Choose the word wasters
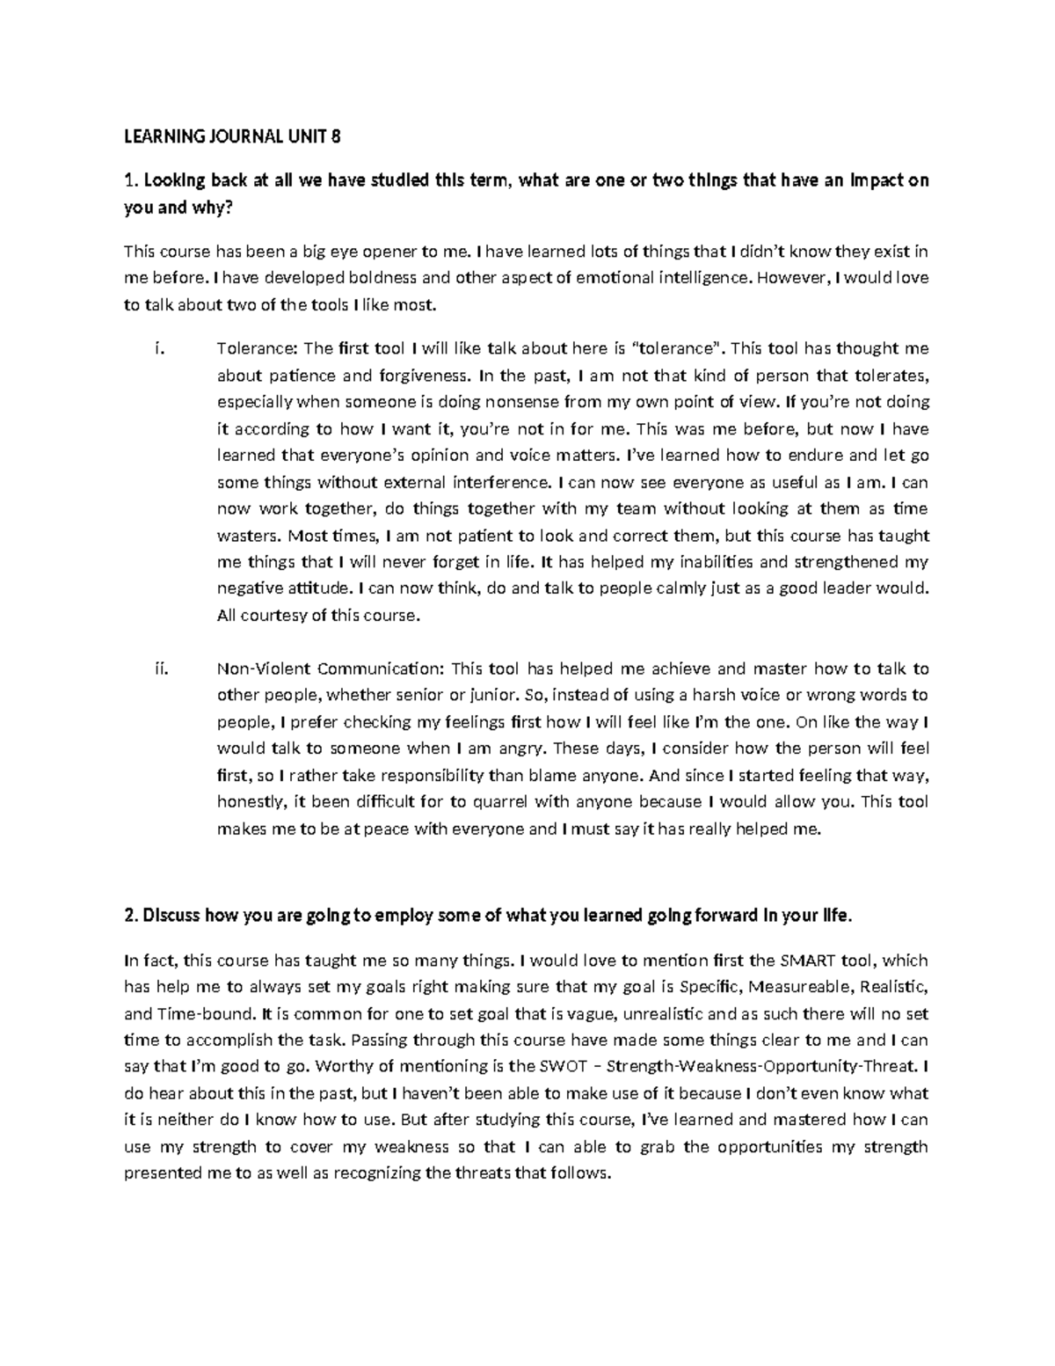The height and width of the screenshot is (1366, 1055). tap(248, 536)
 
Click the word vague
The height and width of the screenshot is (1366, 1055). tap(602, 1013)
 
